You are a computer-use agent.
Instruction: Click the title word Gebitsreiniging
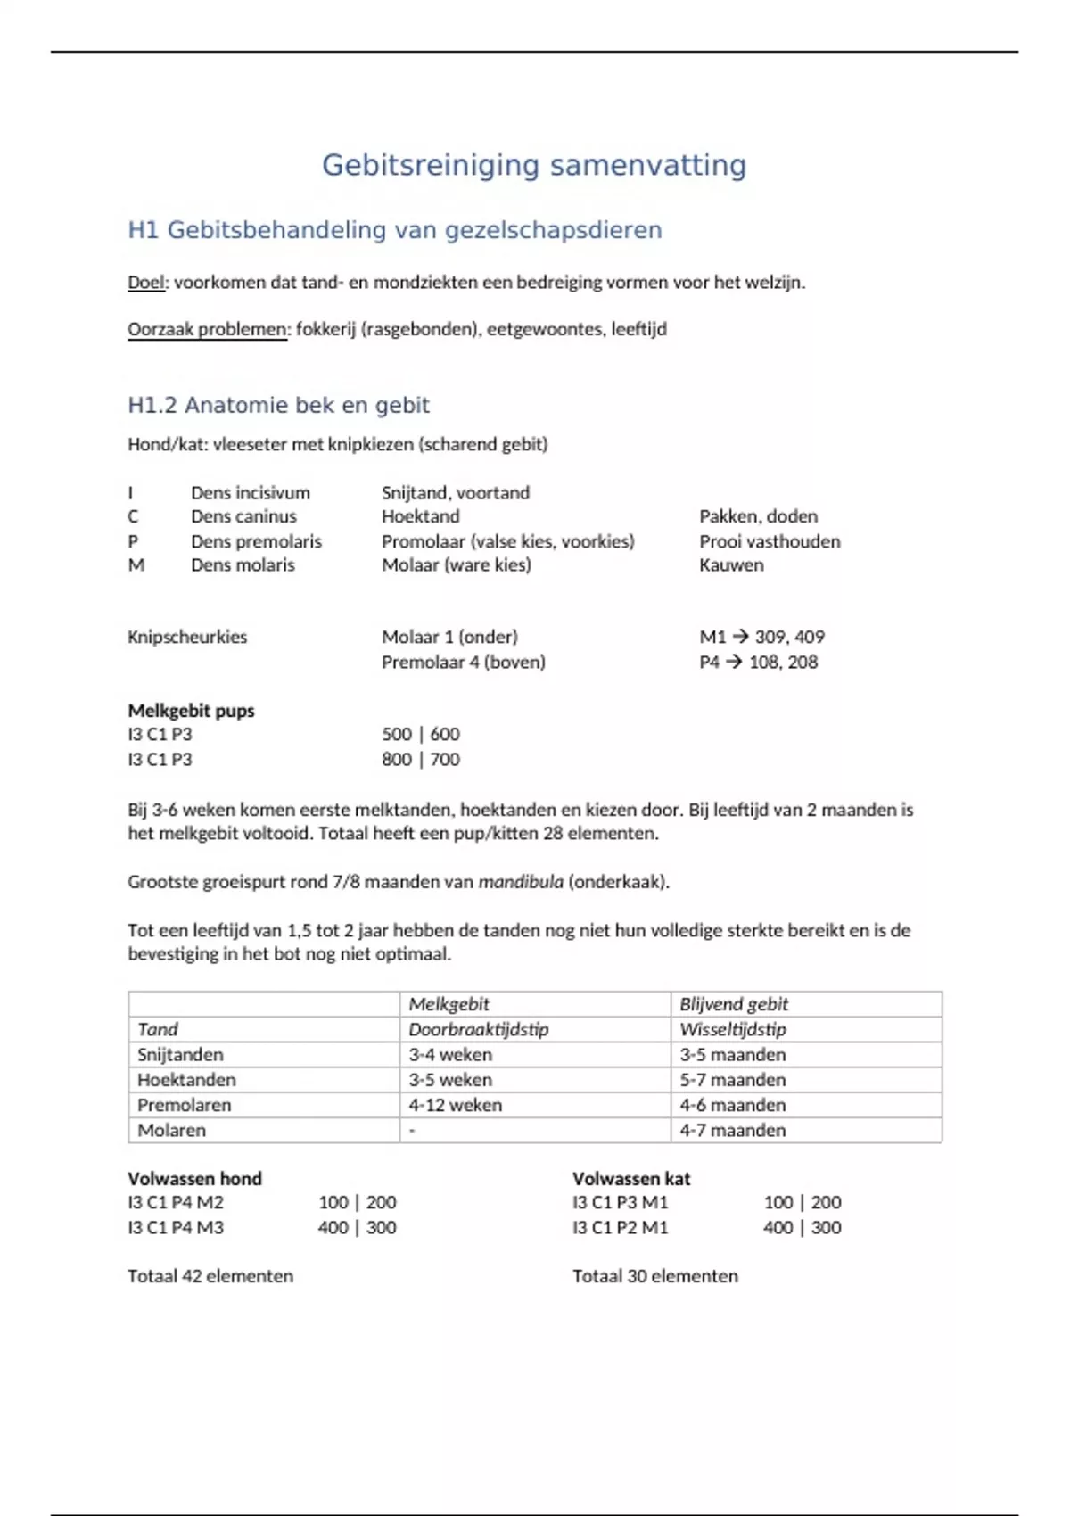(x=431, y=166)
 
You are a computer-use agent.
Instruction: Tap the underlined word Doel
(x=146, y=283)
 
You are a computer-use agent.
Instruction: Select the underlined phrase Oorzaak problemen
(x=208, y=329)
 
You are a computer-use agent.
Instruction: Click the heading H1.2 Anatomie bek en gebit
(x=278, y=406)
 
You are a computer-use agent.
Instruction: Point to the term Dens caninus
(x=243, y=516)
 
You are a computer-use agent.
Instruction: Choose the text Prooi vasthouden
(x=770, y=541)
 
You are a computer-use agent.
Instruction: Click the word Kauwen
(x=731, y=564)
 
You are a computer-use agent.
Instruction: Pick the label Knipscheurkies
(x=187, y=637)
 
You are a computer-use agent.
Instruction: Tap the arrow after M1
(x=740, y=637)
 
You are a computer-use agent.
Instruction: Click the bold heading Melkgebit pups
(x=191, y=711)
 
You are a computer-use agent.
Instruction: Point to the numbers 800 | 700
(x=421, y=759)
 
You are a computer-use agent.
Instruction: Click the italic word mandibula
(x=521, y=882)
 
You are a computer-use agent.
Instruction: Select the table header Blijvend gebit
(x=734, y=1004)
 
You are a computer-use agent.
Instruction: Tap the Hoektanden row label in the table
(x=186, y=1080)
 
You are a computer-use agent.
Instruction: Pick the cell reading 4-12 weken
(x=455, y=1105)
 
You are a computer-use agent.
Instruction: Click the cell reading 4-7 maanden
(x=733, y=1130)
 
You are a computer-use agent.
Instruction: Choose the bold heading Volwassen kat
(x=631, y=1178)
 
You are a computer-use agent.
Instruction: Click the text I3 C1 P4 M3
(x=176, y=1227)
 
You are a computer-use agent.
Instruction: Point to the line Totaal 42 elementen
(x=210, y=1276)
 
